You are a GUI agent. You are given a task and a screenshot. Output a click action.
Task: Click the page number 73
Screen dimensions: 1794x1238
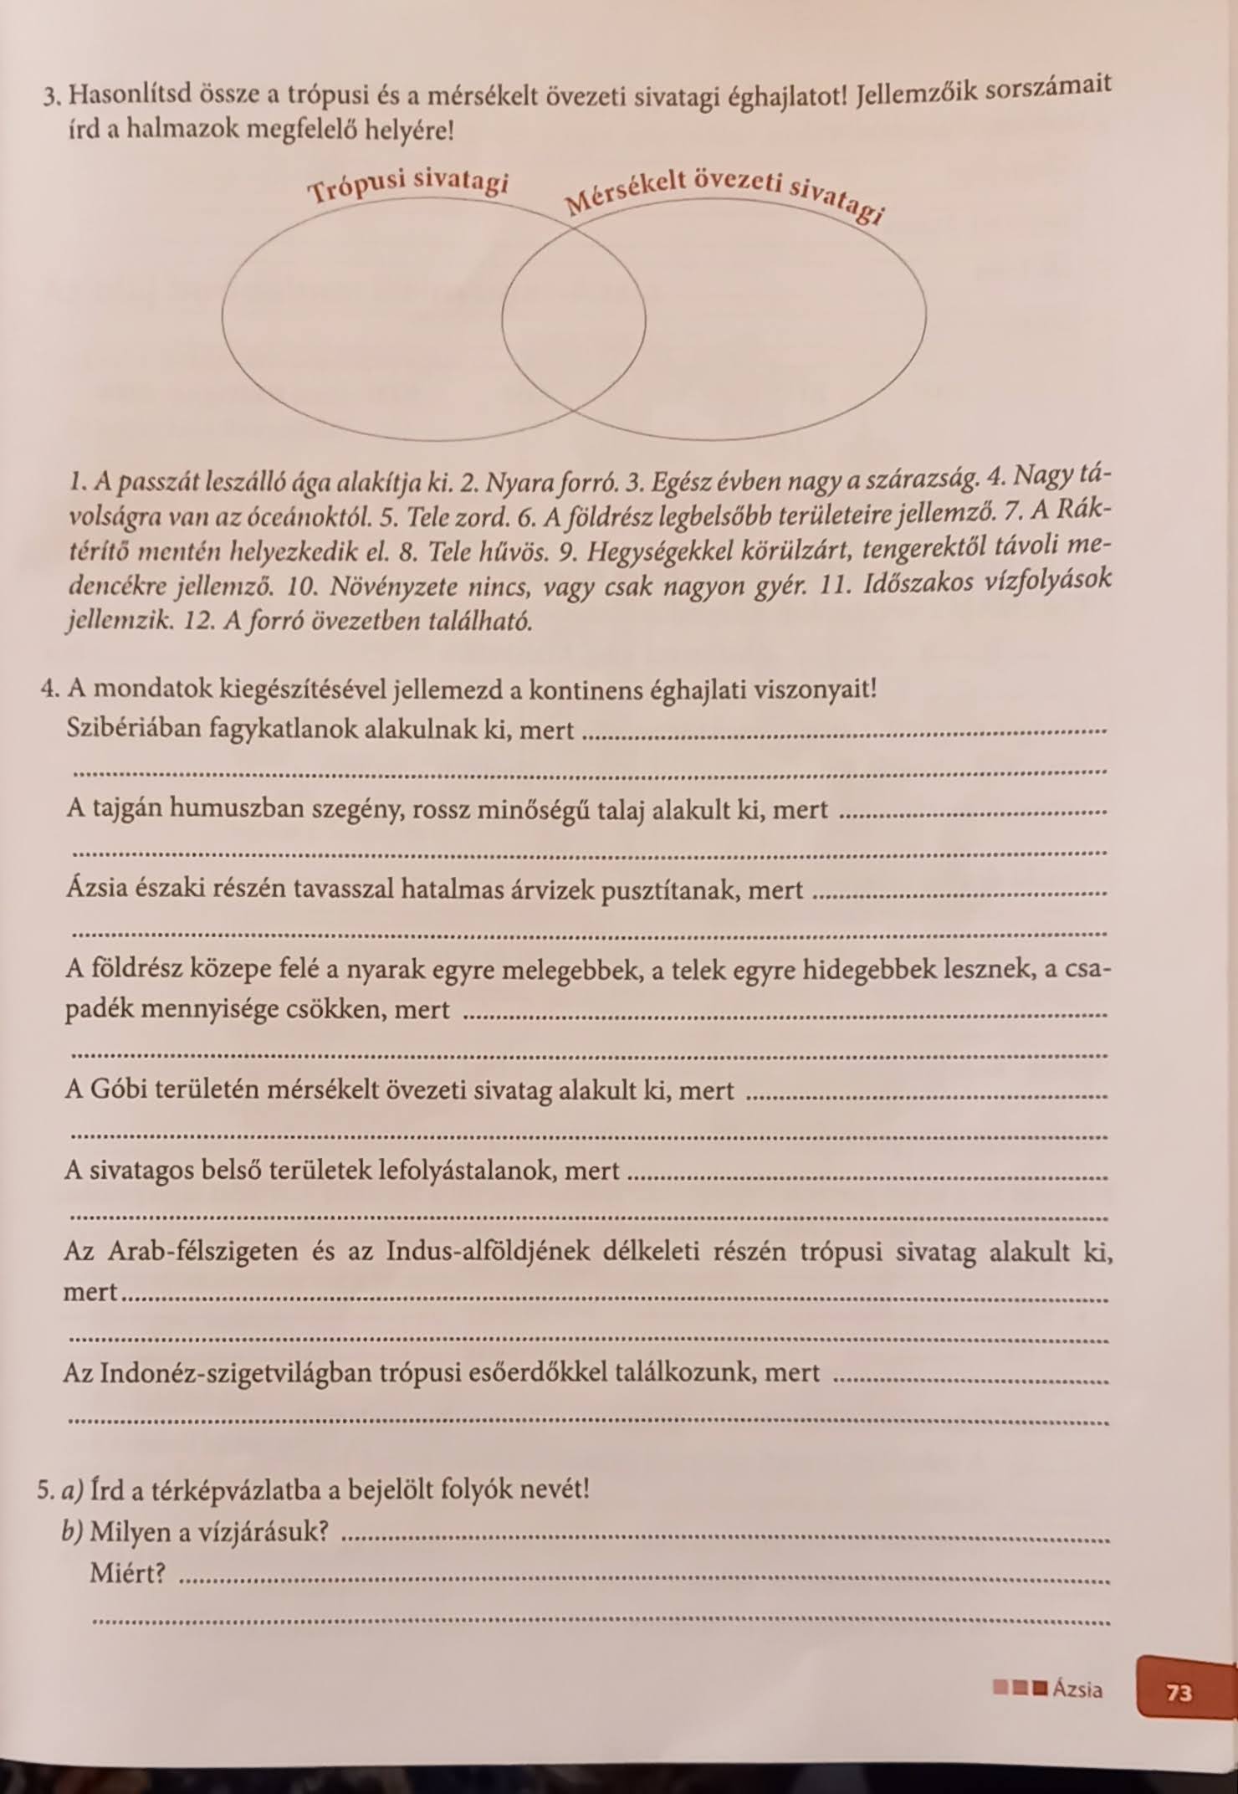point(1179,1692)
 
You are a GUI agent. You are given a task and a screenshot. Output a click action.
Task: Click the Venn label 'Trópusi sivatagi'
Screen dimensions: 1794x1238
point(408,187)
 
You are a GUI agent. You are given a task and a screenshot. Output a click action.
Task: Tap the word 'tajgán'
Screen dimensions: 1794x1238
point(139,808)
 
